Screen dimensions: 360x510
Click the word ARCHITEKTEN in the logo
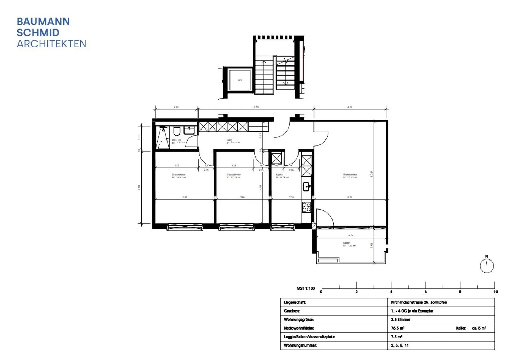click(51, 44)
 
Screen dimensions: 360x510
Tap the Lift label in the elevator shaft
click(240, 80)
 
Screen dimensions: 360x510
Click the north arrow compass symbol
click(487, 265)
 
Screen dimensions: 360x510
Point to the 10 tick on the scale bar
click(495, 292)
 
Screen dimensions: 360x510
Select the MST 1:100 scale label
click(306, 288)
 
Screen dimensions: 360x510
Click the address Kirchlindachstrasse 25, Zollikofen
click(419, 302)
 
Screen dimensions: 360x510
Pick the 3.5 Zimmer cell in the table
click(401, 319)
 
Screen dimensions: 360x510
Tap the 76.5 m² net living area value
click(398, 328)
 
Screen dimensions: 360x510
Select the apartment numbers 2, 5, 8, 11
click(400, 345)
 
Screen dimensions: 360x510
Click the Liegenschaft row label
click(295, 302)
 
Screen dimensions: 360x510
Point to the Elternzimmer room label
click(178, 175)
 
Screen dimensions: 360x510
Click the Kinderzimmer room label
click(233, 175)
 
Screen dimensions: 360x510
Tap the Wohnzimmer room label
click(350, 175)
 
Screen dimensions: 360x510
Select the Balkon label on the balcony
click(346, 243)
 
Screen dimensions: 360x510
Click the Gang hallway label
click(229, 140)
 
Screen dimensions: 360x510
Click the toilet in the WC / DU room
click(176, 132)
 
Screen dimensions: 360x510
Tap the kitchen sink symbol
click(306, 186)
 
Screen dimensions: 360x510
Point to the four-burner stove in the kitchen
click(306, 207)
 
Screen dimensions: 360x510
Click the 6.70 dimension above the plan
click(256, 107)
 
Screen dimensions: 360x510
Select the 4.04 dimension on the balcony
click(351, 235)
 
